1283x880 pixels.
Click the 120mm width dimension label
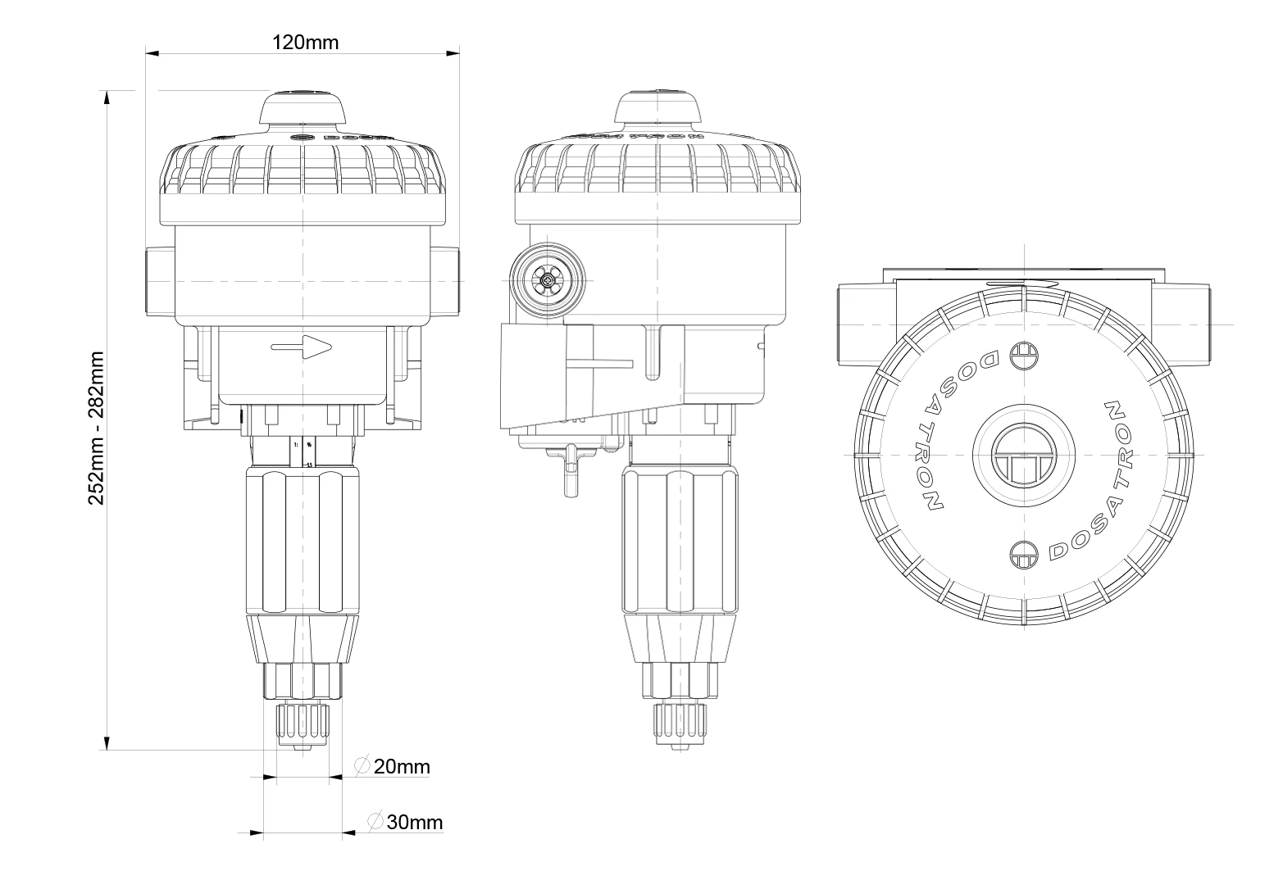click(x=305, y=43)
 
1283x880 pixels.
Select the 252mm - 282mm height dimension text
click(x=97, y=428)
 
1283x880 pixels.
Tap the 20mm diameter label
click(x=401, y=767)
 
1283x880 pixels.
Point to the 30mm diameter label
click(x=414, y=822)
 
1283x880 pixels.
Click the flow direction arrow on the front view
click(x=303, y=347)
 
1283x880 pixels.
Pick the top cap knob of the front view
click(x=303, y=110)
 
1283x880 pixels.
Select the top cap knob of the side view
click(x=658, y=110)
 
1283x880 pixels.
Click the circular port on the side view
click(x=547, y=282)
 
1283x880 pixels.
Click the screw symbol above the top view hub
click(x=1023, y=355)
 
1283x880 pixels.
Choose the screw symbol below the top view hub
click(x=1023, y=555)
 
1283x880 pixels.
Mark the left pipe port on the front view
click(x=157, y=281)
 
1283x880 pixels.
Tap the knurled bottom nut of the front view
click(x=303, y=721)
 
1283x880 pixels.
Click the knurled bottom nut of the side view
click(x=680, y=721)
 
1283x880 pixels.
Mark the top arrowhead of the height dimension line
click(x=106, y=97)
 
